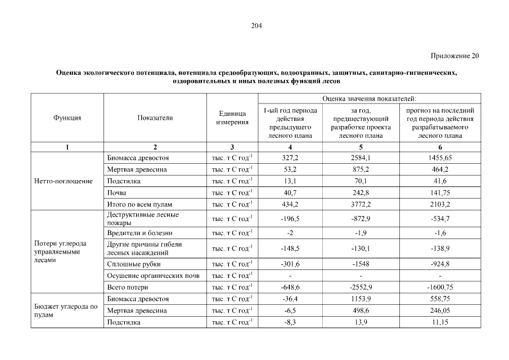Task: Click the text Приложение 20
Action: tap(455, 56)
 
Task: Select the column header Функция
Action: tap(67, 118)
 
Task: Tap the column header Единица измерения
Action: tap(232, 118)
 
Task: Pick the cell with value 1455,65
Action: tap(440, 158)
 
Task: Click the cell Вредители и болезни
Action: tap(139, 232)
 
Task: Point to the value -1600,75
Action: tap(440, 287)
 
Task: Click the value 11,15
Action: tap(440, 323)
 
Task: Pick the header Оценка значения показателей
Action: tap(369, 98)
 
